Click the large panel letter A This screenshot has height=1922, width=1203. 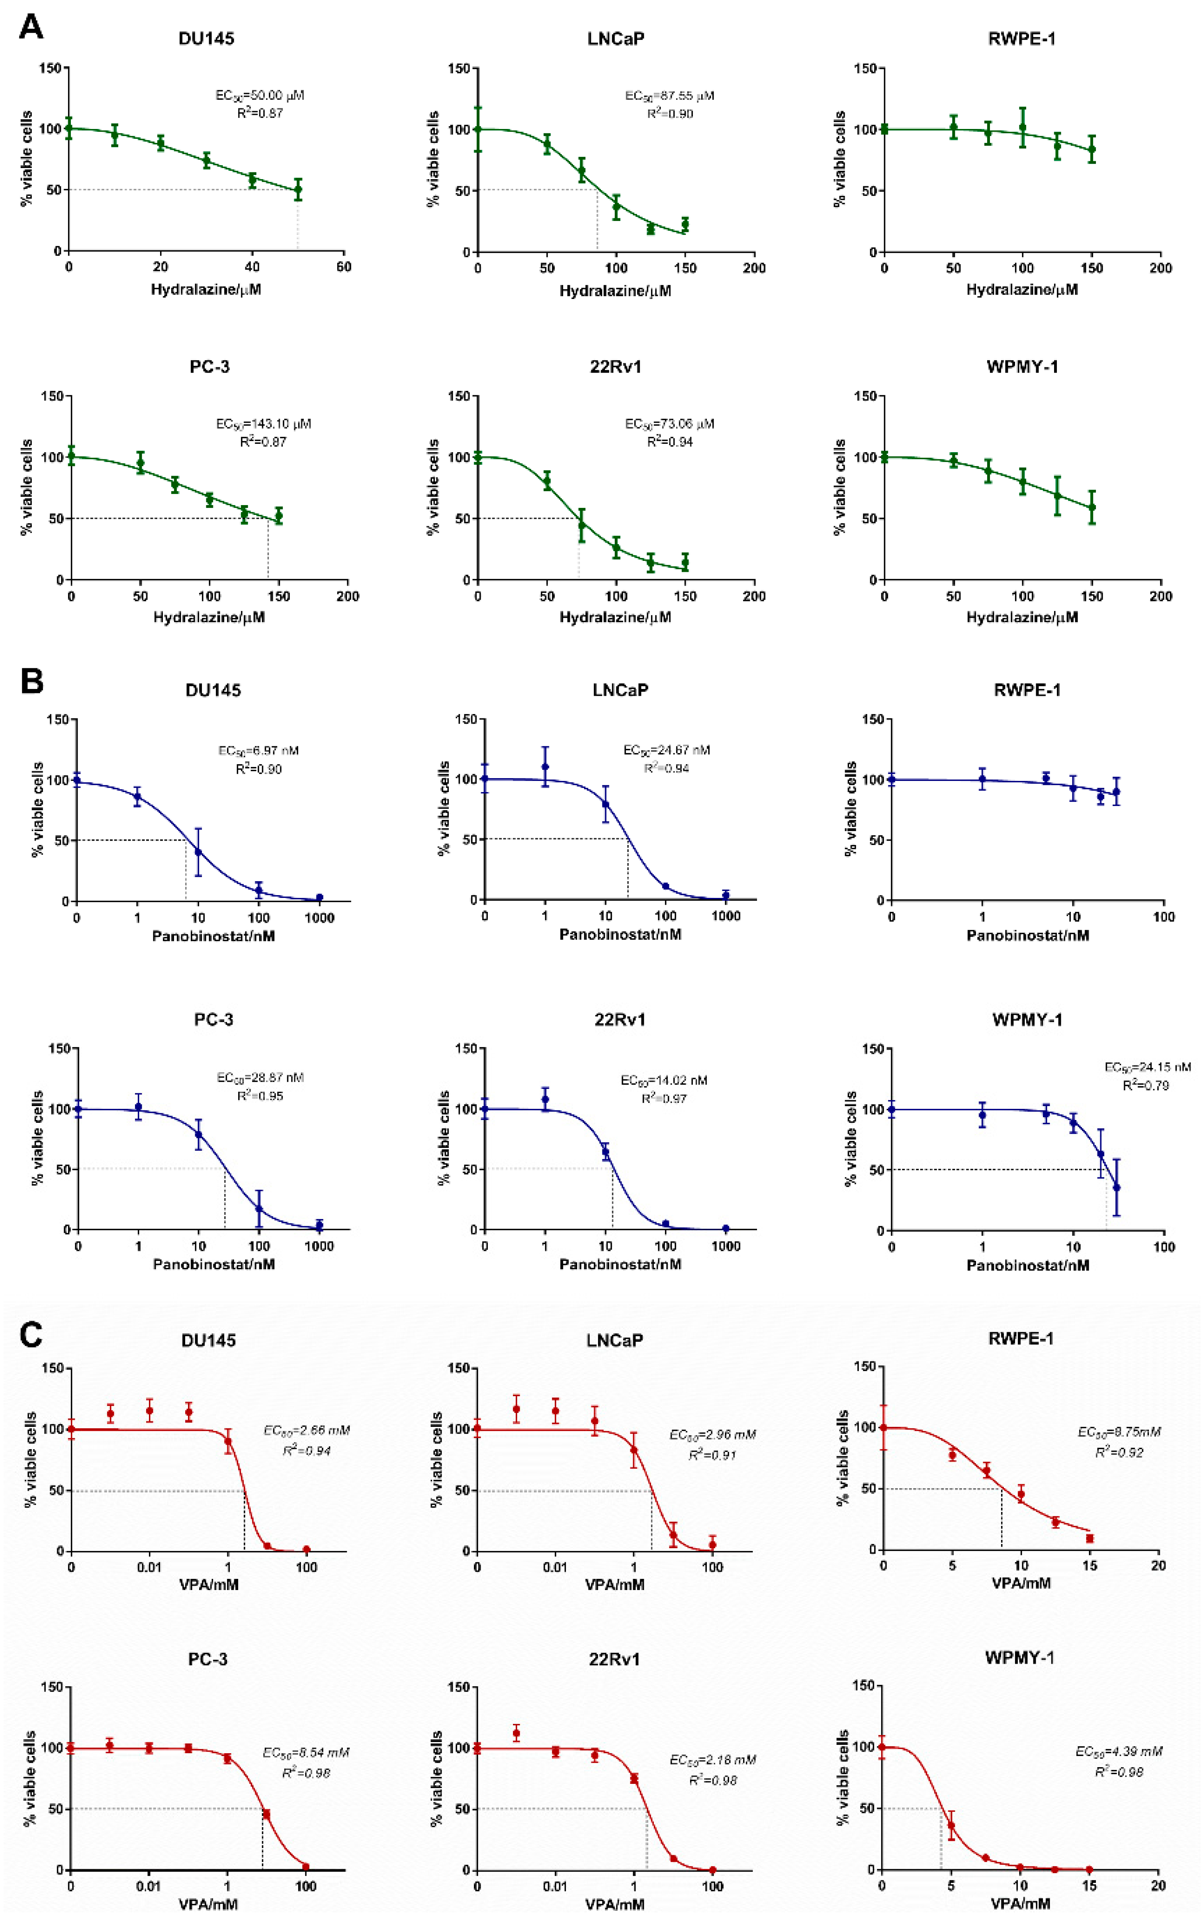click(x=31, y=28)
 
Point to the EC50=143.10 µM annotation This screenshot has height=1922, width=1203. click(x=263, y=424)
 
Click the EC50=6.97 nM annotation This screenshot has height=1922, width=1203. click(x=258, y=751)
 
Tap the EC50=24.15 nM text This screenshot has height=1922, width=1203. click(x=1147, y=1067)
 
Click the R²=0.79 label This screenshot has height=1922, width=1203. click(x=1146, y=1085)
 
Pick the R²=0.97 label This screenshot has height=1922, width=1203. click(x=664, y=1098)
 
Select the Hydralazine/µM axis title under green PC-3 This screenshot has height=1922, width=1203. click(x=208, y=617)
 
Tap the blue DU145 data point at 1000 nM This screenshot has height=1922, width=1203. click(x=319, y=898)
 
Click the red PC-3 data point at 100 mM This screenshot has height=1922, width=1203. click(x=305, y=1866)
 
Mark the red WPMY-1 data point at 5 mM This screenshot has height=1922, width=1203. click(x=951, y=1825)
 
